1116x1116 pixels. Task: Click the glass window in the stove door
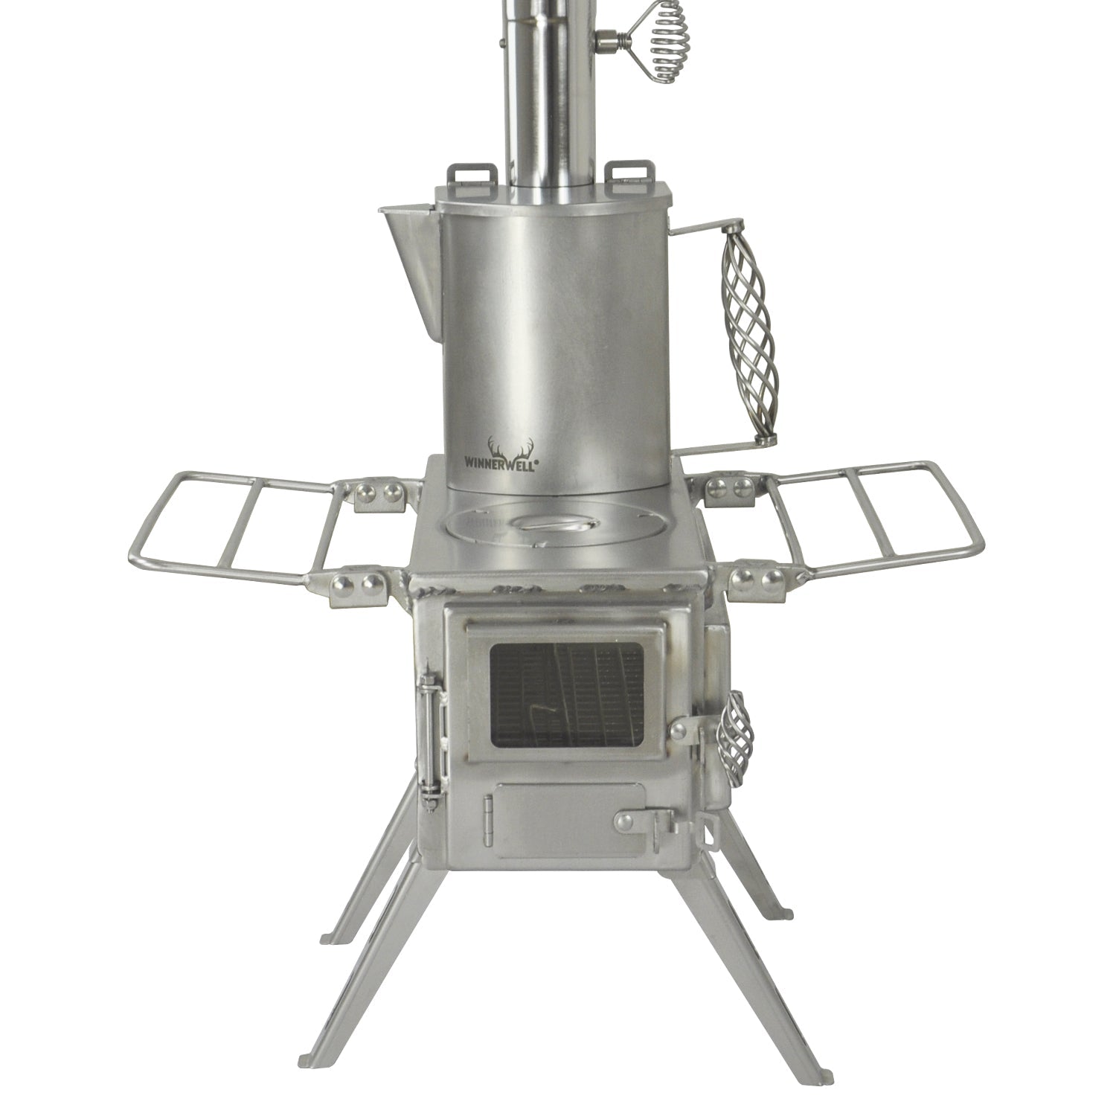coord(566,695)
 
